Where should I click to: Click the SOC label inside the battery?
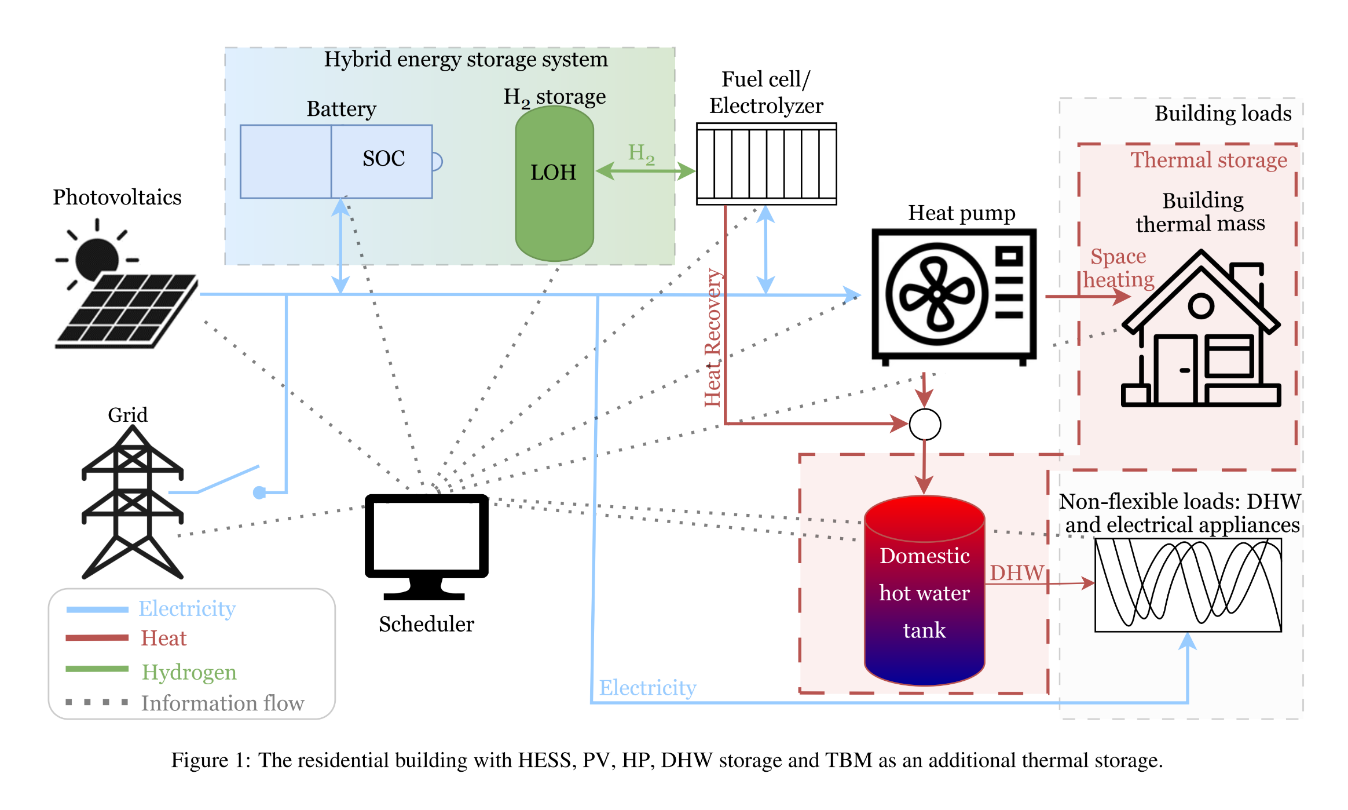[383, 159]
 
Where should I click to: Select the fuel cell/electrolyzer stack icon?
[766, 164]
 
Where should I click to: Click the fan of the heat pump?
[936, 294]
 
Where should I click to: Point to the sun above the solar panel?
[97, 257]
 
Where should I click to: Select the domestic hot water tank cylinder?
[924, 591]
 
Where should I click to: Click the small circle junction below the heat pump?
[925, 425]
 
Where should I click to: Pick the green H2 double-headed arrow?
[645, 170]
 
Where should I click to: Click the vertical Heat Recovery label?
[713, 338]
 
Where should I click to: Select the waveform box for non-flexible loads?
[1188, 585]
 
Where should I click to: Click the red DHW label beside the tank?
[1017, 573]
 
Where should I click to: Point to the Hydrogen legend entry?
[189, 672]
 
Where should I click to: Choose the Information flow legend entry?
[222, 703]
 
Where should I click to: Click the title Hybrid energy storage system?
[466, 60]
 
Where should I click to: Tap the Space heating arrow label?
[1118, 268]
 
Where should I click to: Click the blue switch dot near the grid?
[259, 492]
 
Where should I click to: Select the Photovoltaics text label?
[117, 198]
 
